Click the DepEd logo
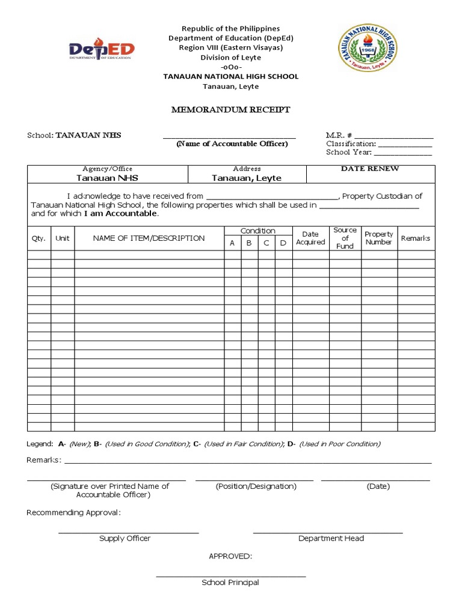[x=102, y=50]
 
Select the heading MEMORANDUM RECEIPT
[x=231, y=110]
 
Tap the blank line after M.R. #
[x=393, y=136]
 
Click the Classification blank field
[x=404, y=145]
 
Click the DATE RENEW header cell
[x=370, y=169]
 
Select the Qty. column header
[x=38, y=238]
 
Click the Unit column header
[x=63, y=238]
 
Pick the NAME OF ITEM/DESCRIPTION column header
[x=149, y=238]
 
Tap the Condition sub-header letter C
[x=266, y=243]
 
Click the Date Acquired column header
[x=310, y=238]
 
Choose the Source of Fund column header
[x=345, y=238]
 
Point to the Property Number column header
[x=379, y=238]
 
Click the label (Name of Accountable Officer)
[x=232, y=144]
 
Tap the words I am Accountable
[x=120, y=214]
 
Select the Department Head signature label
[x=331, y=539]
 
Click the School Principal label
[x=230, y=583]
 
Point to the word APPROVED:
[x=230, y=556]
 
